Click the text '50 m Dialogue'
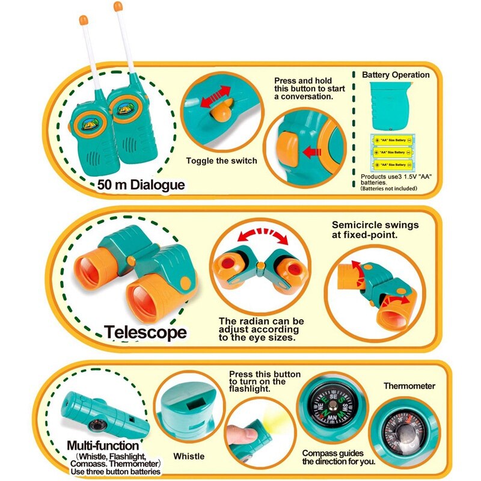point(141,184)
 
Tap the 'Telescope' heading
point(145,332)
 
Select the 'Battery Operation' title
point(396,75)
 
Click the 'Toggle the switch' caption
point(221,161)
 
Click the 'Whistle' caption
point(189,456)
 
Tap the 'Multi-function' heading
point(103,446)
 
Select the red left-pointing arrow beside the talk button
point(312,153)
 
